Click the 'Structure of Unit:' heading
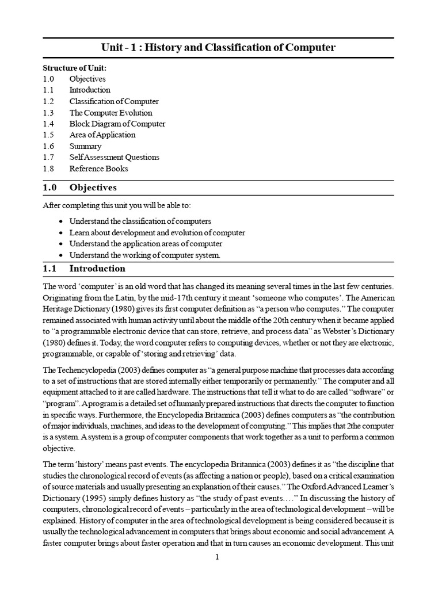pyautogui.click(x=75, y=68)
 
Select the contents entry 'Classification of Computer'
pyautogui.click(x=114, y=101)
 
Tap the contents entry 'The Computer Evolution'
pyautogui.click(x=110, y=113)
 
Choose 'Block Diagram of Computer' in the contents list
pyautogui.click(x=117, y=124)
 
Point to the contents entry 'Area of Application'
pyautogui.click(x=102, y=135)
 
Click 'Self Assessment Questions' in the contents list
pyautogui.click(x=114, y=157)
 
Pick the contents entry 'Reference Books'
pyautogui.click(x=98, y=169)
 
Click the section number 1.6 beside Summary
pyautogui.click(x=48, y=146)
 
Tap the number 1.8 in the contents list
pyautogui.click(x=48, y=169)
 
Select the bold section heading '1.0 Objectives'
pyautogui.click(x=80, y=188)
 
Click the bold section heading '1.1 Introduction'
pyautogui.click(x=84, y=269)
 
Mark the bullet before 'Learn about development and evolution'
pyautogui.click(x=62, y=233)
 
